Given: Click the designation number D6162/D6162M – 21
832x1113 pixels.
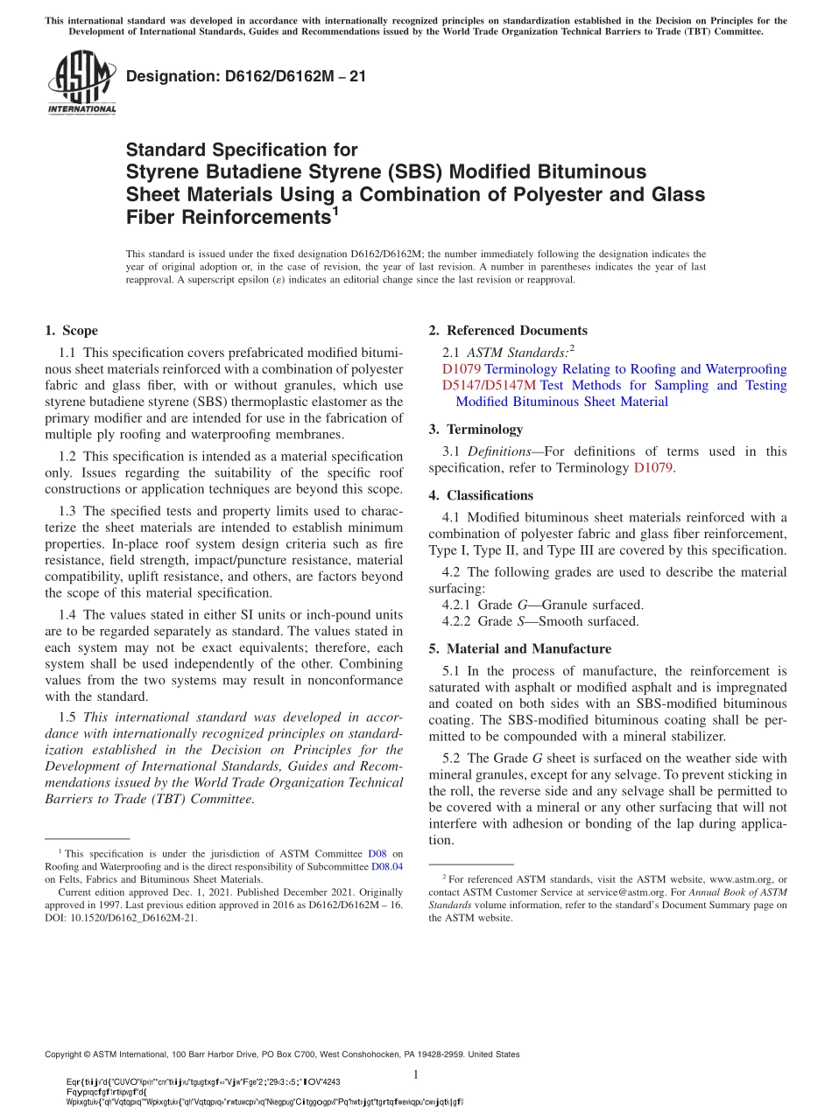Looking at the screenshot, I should coord(246,76).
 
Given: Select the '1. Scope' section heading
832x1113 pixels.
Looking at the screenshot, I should coord(71,331).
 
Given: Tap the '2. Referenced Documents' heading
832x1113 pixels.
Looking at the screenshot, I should coord(496,331).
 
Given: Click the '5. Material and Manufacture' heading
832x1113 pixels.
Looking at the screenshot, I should coord(508,649).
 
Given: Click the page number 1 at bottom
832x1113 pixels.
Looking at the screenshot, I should coord(416,1075).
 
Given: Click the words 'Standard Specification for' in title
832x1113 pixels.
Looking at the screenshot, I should coord(242,150).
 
